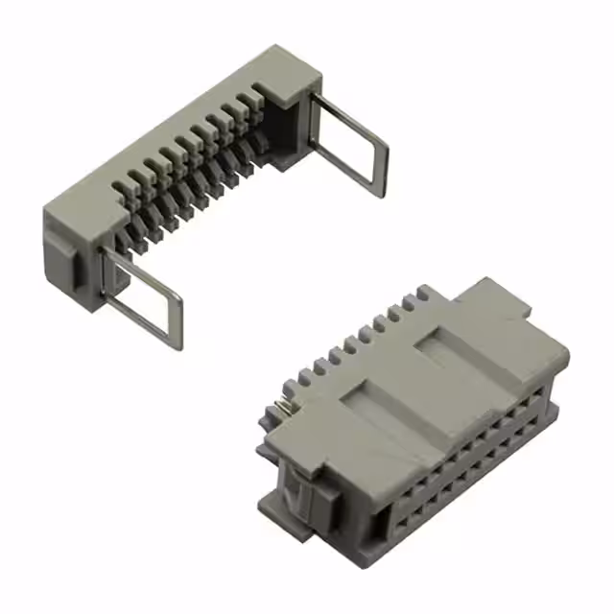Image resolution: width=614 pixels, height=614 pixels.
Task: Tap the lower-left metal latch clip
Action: point(144,297)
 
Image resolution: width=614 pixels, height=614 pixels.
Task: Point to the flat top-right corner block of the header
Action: point(288,75)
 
